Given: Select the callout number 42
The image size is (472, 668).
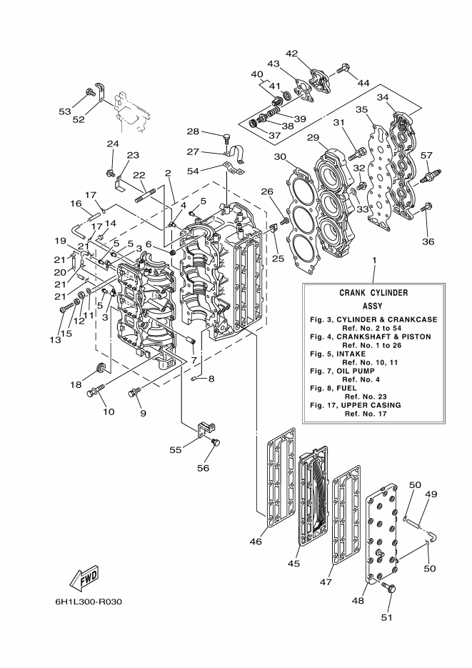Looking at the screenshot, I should [x=292, y=53].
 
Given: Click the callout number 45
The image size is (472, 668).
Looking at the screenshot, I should [x=293, y=563].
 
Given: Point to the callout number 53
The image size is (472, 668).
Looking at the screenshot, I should [x=66, y=111].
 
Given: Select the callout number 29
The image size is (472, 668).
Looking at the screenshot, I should [x=312, y=136].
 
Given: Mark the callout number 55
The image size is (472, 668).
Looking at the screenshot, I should [x=175, y=451].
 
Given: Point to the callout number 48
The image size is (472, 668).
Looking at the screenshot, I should [x=359, y=602].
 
